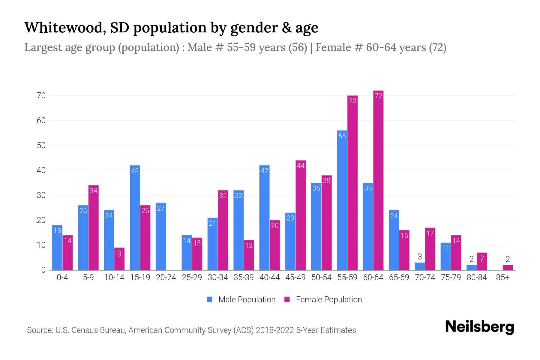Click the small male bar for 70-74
click(x=420, y=266)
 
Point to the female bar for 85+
click(x=508, y=268)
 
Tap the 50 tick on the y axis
click(x=41, y=145)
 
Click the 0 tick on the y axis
click(x=43, y=270)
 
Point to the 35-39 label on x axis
click(x=244, y=277)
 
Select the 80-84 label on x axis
click(x=477, y=277)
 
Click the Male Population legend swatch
click(x=210, y=299)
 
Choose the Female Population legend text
click(x=329, y=299)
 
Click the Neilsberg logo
click(x=479, y=327)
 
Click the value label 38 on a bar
click(x=326, y=181)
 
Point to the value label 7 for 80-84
click(x=482, y=259)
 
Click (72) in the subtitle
click(x=437, y=47)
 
